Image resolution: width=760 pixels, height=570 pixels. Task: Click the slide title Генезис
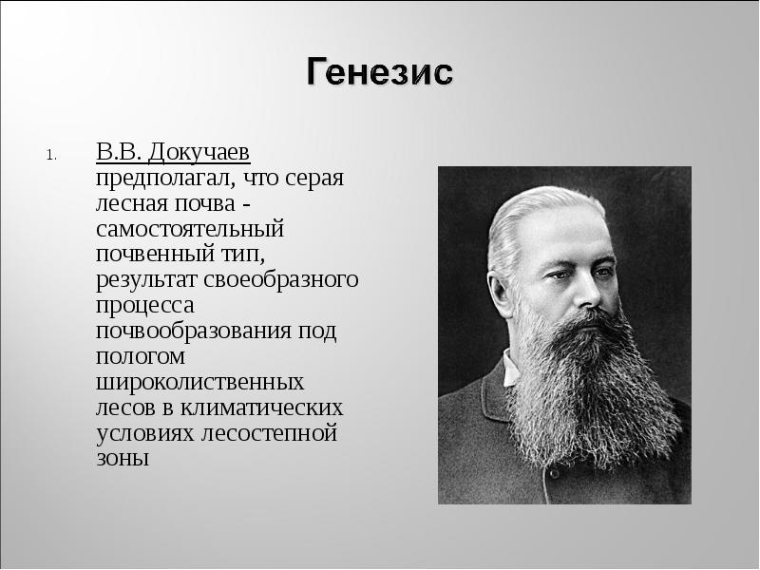coord(380,72)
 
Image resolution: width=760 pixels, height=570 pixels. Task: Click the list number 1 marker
coord(53,155)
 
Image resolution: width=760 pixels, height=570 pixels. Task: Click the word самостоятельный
coord(190,229)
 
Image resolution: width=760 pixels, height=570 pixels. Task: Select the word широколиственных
coord(200,383)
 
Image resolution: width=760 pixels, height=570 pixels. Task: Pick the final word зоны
coord(123,460)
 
